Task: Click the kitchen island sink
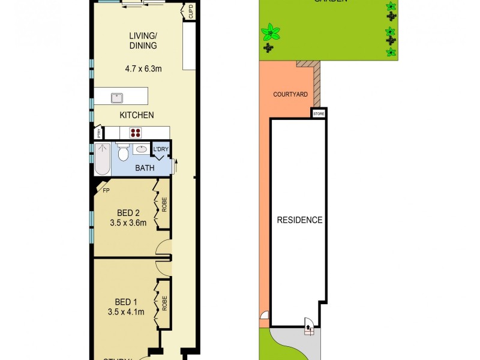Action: pos(117,97)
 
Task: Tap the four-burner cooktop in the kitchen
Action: pos(135,133)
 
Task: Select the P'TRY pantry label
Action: pos(97,134)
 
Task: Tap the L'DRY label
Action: pos(161,149)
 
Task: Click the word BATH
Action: pos(145,168)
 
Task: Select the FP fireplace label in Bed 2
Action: pos(106,191)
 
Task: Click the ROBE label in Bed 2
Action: pos(164,205)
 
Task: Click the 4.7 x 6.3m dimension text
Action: pos(143,68)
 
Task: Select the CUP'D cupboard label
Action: pos(191,12)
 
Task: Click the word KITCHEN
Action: pos(137,115)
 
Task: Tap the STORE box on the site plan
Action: pos(318,113)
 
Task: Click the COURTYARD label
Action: pos(290,94)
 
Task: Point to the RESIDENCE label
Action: pos(299,220)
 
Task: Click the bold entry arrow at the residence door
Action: pos(309,328)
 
